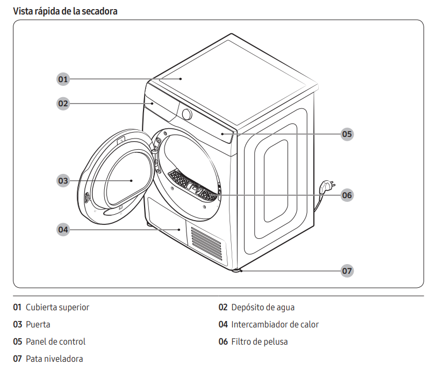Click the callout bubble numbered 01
(63, 79)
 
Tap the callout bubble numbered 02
(63, 103)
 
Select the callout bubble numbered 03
(63, 181)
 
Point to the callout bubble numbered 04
(63, 230)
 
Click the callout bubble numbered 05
(347, 134)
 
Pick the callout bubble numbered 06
(347, 195)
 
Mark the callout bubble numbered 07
(347, 271)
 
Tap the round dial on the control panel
(187, 114)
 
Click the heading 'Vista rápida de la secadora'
(65, 11)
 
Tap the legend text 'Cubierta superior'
(58, 308)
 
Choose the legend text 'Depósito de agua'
(263, 308)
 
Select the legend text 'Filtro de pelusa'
(259, 341)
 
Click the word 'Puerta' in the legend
(38, 324)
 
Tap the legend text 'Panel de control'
(55, 341)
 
